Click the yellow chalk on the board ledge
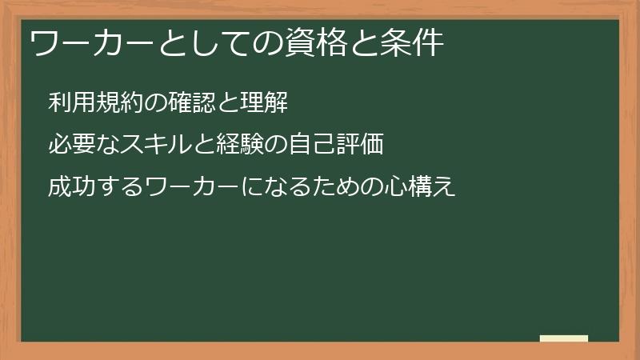pos(564,338)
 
